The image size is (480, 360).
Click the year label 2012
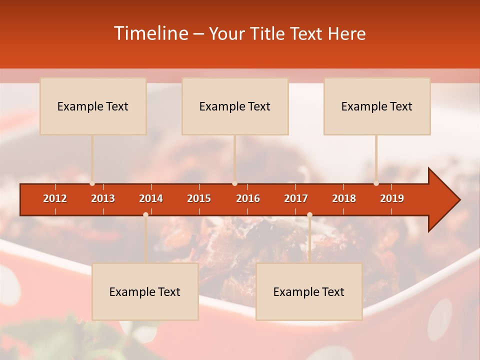click(x=55, y=198)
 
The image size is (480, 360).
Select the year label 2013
click(x=103, y=198)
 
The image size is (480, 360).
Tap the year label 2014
click(x=151, y=198)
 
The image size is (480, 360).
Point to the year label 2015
click(x=199, y=198)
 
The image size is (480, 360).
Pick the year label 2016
click(x=248, y=198)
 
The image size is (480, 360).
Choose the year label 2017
click(x=296, y=198)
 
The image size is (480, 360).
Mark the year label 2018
click(x=344, y=198)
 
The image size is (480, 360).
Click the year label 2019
click(x=392, y=198)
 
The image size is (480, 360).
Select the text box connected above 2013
click(x=93, y=106)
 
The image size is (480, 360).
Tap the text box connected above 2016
click(x=235, y=106)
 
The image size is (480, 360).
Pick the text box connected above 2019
click(x=377, y=106)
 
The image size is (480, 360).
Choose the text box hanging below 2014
click(x=145, y=291)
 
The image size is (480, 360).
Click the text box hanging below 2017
click(x=309, y=291)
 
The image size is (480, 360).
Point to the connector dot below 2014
click(x=145, y=214)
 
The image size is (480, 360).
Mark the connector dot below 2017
click(x=309, y=214)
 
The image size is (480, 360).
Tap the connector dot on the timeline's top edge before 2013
click(x=92, y=183)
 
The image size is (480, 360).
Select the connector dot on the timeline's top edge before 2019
click(x=376, y=183)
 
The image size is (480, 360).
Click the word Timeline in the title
click(x=150, y=33)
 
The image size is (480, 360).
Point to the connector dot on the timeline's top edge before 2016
click(x=234, y=183)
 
